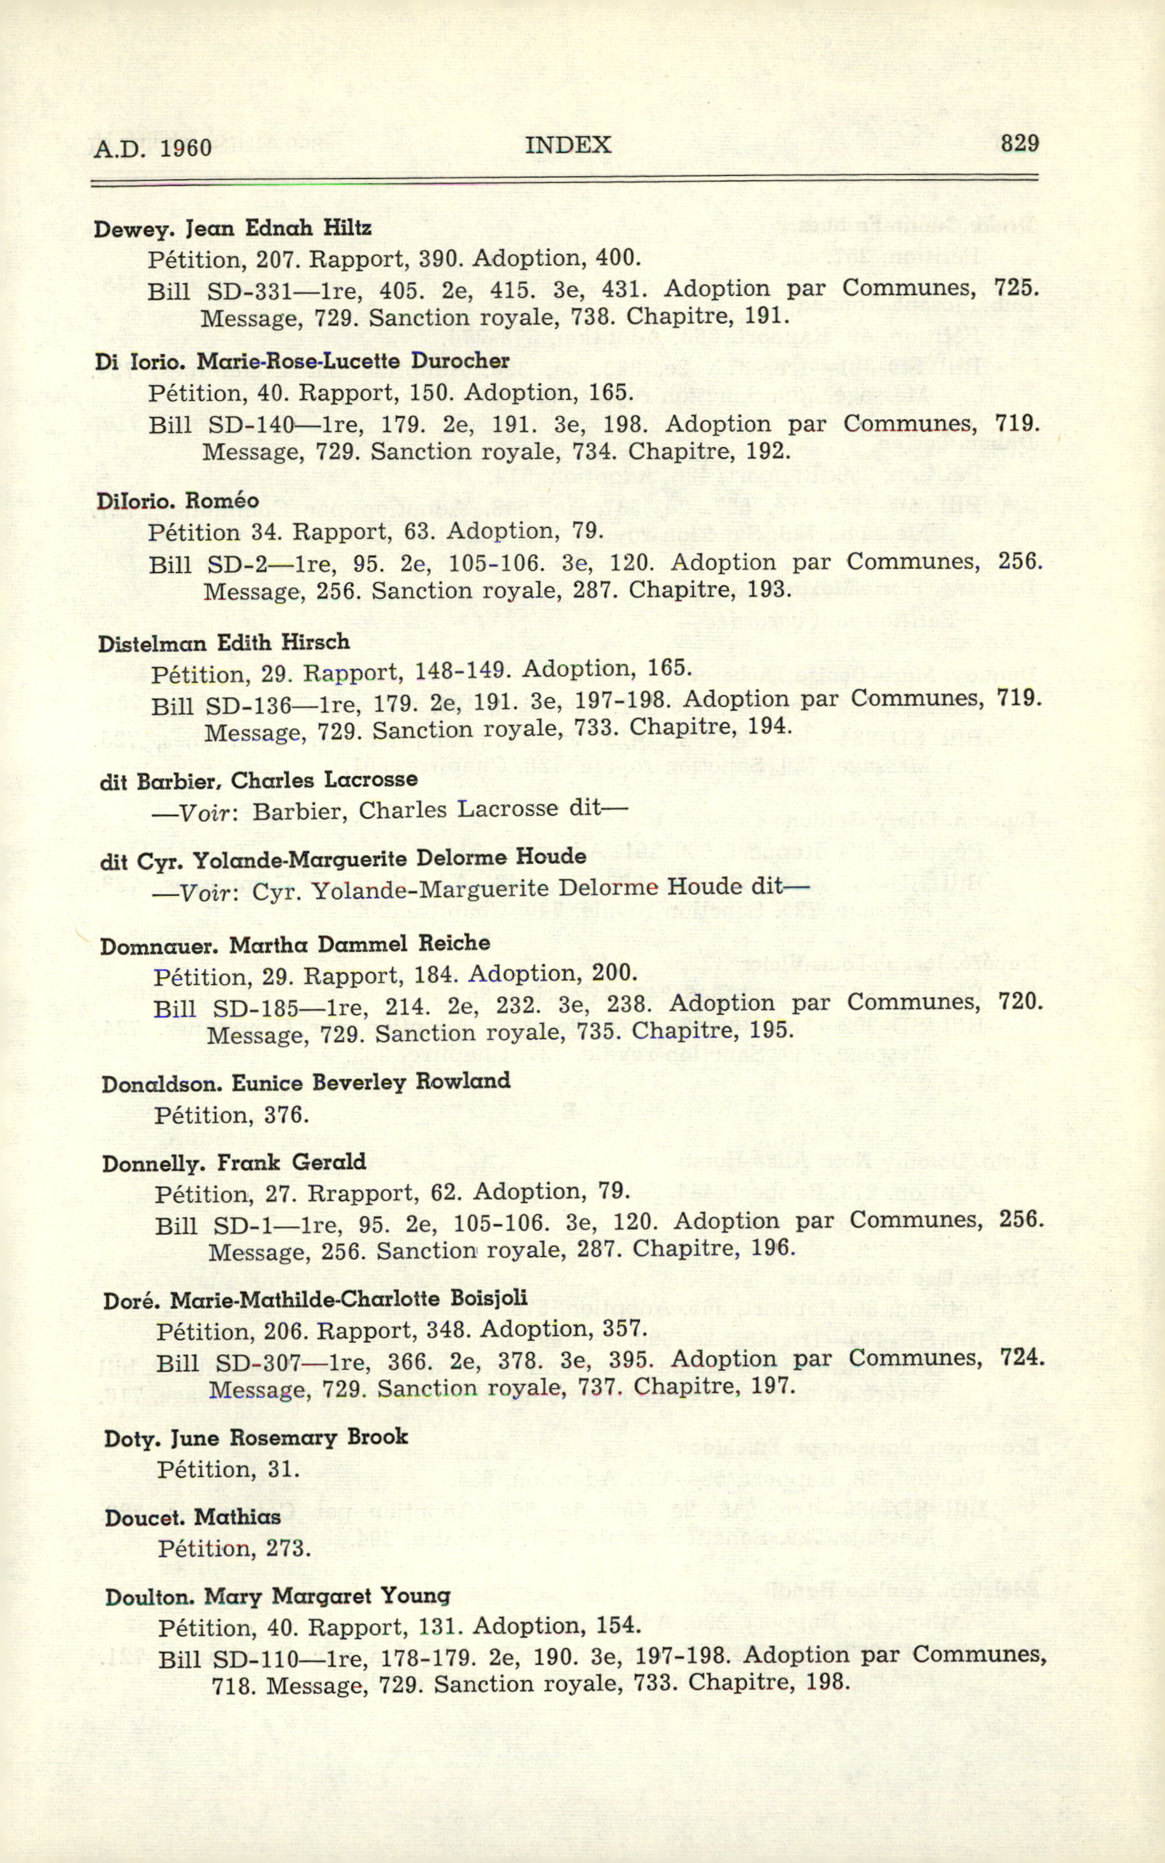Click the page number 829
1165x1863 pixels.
click(x=1020, y=143)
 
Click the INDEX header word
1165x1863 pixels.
click(x=568, y=145)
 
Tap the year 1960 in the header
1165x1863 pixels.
click(x=185, y=147)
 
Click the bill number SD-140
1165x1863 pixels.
click(x=250, y=425)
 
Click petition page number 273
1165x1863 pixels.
click(x=287, y=1549)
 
